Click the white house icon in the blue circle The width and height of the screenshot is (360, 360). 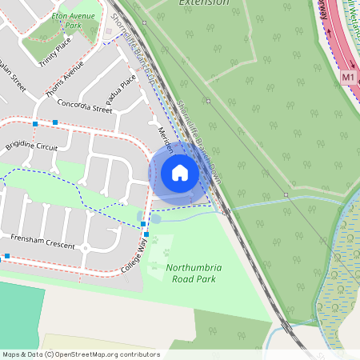point(179,173)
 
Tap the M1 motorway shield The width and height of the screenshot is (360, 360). point(347,78)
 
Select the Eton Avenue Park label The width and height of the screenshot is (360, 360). point(68,19)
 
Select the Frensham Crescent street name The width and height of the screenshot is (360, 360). point(43,242)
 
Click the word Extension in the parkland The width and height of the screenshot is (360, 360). point(204,3)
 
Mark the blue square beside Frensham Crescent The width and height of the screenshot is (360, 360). point(6,257)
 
